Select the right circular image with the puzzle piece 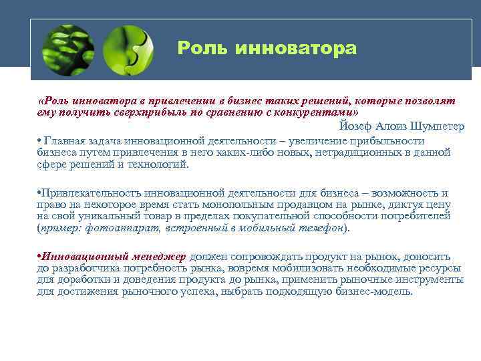128,49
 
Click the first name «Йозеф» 355,126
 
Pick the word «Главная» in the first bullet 64,140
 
